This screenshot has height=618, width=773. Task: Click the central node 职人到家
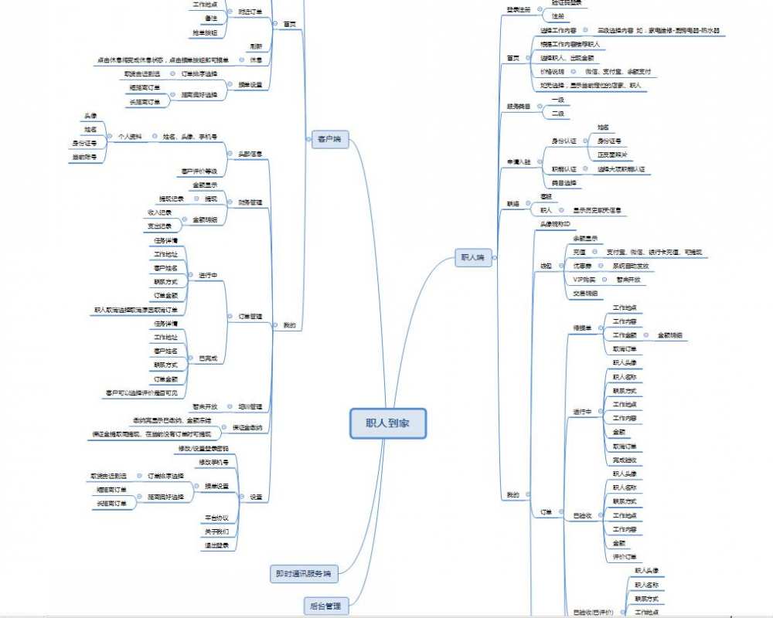point(387,424)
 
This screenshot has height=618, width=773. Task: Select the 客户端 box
point(329,140)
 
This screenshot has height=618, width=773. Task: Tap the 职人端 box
point(472,258)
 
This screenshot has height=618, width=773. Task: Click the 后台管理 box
point(325,606)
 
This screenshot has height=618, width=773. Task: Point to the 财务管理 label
point(250,202)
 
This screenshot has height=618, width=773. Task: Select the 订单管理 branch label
point(250,317)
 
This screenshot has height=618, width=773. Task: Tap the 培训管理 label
point(250,406)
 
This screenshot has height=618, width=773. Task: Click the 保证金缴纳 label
point(247,427)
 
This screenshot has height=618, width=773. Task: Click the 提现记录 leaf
point(171,199)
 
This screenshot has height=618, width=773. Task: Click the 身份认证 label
point(564,141)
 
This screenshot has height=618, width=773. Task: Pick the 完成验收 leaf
point(624,460)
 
